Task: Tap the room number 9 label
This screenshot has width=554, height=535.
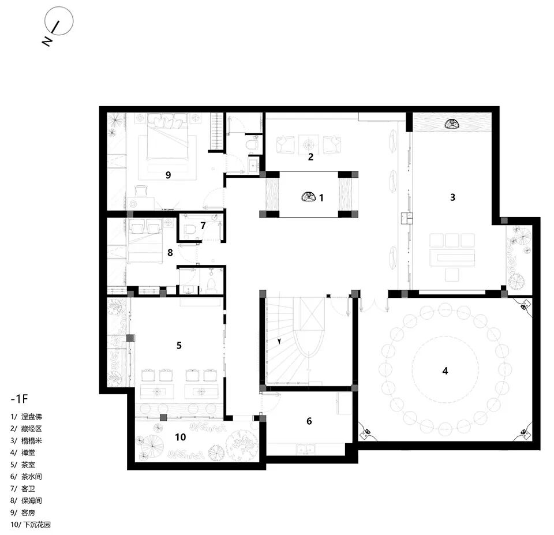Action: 168,175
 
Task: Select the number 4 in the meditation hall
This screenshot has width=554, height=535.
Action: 445,371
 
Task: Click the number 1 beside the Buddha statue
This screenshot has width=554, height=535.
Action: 321,197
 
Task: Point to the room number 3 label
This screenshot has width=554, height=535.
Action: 452,197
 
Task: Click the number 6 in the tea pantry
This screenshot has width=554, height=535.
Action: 309,421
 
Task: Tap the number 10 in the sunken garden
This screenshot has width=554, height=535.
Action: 181,437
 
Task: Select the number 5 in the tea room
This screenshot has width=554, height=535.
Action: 179,345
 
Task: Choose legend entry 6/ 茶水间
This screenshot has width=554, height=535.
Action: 28,476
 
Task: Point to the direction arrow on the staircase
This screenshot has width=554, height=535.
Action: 280,341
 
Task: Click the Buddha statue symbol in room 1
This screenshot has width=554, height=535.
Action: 308,197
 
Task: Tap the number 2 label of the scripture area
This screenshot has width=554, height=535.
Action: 310,156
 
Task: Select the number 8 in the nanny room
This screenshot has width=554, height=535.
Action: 170,252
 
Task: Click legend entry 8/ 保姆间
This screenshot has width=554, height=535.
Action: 28,500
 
